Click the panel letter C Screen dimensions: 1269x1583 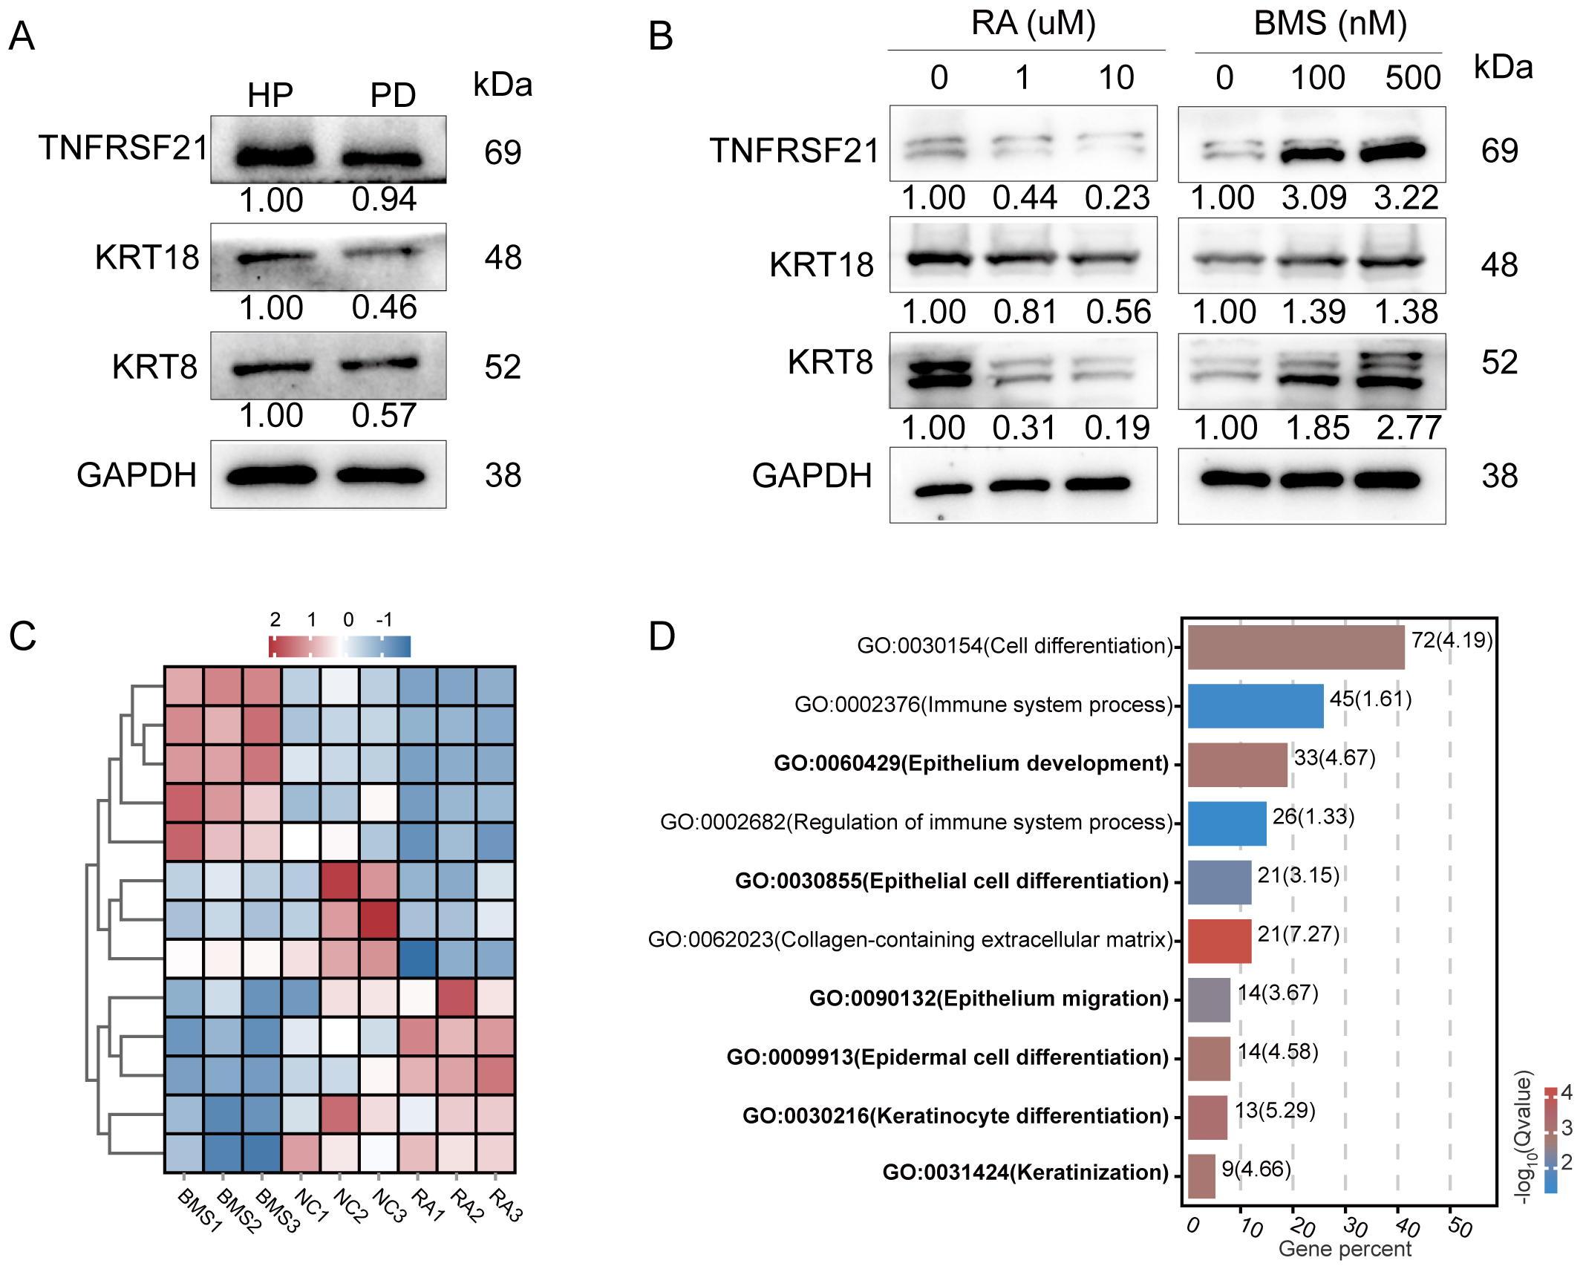pos(22,636)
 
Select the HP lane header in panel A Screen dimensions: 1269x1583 pos(270,95)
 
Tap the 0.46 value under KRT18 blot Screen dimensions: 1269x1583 pos(384,307)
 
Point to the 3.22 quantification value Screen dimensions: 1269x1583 pos(1406,198)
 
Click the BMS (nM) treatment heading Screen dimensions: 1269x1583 pos(1330,24)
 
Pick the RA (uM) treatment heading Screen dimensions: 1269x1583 pos(1033,24)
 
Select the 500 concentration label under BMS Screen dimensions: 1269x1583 pos(1412,78)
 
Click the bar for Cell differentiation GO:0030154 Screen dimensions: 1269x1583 pos(1296,647)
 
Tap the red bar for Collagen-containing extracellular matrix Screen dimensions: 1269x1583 pos(1219,941)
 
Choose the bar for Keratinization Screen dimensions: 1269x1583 pos(1201,1175)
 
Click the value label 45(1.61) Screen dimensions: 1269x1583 pos(1370,699)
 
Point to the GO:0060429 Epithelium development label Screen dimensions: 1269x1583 pos(971,763)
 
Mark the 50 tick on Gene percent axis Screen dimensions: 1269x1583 pos(1459,1226)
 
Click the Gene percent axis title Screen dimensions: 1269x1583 pos(1344,1249)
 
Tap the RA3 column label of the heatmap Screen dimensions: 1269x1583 pos(506,1204)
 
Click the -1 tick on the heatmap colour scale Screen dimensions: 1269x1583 pos(383,620)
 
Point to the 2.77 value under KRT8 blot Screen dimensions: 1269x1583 pos(1408,428)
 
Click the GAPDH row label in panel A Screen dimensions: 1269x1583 pos(137,475)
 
